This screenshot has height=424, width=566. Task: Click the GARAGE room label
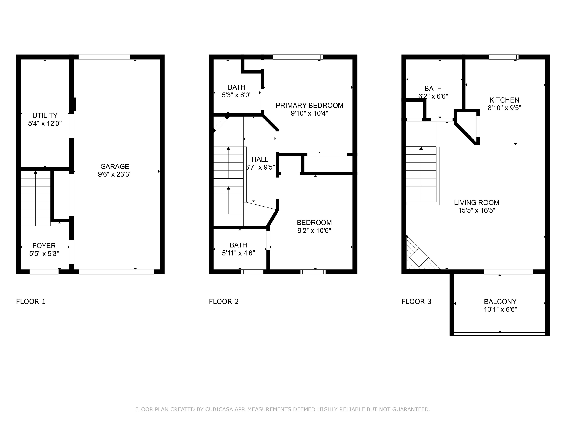[115, 167]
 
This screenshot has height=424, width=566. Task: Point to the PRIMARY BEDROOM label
[309, 106]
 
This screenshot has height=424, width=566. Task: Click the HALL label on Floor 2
[260, 159]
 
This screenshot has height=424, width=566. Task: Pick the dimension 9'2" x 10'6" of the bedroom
[314, 230]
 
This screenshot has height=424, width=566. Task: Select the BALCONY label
[500, 302]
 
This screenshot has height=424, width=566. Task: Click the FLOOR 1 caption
[31, 302]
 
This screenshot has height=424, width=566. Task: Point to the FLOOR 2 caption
[224, 302]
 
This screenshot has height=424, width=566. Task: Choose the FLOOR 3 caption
[416, 302]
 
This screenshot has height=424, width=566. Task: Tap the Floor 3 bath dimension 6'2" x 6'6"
[433, 96]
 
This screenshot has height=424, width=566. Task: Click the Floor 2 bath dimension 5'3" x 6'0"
[237, 95]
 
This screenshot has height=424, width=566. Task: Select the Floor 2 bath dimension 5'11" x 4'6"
[238, 253]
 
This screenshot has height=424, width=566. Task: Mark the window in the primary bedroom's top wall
[298, 57]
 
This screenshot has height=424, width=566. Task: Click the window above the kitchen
[504, 57]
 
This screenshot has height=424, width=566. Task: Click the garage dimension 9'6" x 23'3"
[115, 174]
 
